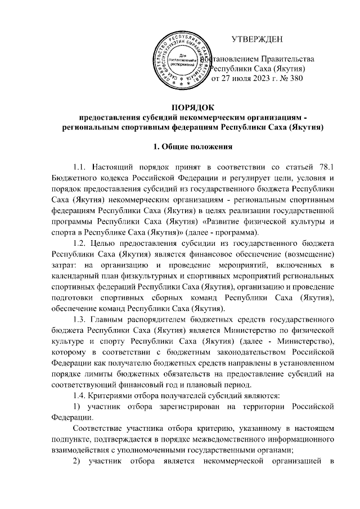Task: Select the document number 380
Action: click(x=295, y=79)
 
